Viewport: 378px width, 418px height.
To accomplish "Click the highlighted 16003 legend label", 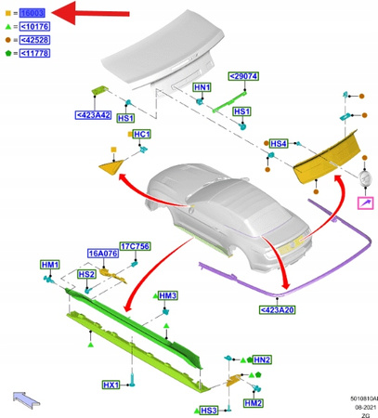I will pos(33,13).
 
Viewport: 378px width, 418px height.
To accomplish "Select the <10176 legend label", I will pos(36,27).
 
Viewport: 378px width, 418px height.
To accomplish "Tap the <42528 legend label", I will pos(36,41).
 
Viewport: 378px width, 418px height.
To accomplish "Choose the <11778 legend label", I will pos(36,55).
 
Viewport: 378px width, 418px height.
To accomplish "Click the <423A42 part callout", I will pos(93,115).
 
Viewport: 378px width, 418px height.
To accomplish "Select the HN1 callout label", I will pos(202,87).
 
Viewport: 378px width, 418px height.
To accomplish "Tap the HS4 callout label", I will pos(278,144).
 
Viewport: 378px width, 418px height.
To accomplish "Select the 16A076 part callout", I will pos(102,253).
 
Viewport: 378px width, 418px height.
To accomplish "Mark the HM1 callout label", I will pos(50,266).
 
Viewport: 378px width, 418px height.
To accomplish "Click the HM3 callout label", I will pos(167,295).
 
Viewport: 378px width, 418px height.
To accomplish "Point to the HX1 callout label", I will pos(111,385).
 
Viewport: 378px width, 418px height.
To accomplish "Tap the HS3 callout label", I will pos(208,410).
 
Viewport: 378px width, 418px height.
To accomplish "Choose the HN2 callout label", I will pos(261,359).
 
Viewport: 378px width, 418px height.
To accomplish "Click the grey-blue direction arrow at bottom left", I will pos(26,398).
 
